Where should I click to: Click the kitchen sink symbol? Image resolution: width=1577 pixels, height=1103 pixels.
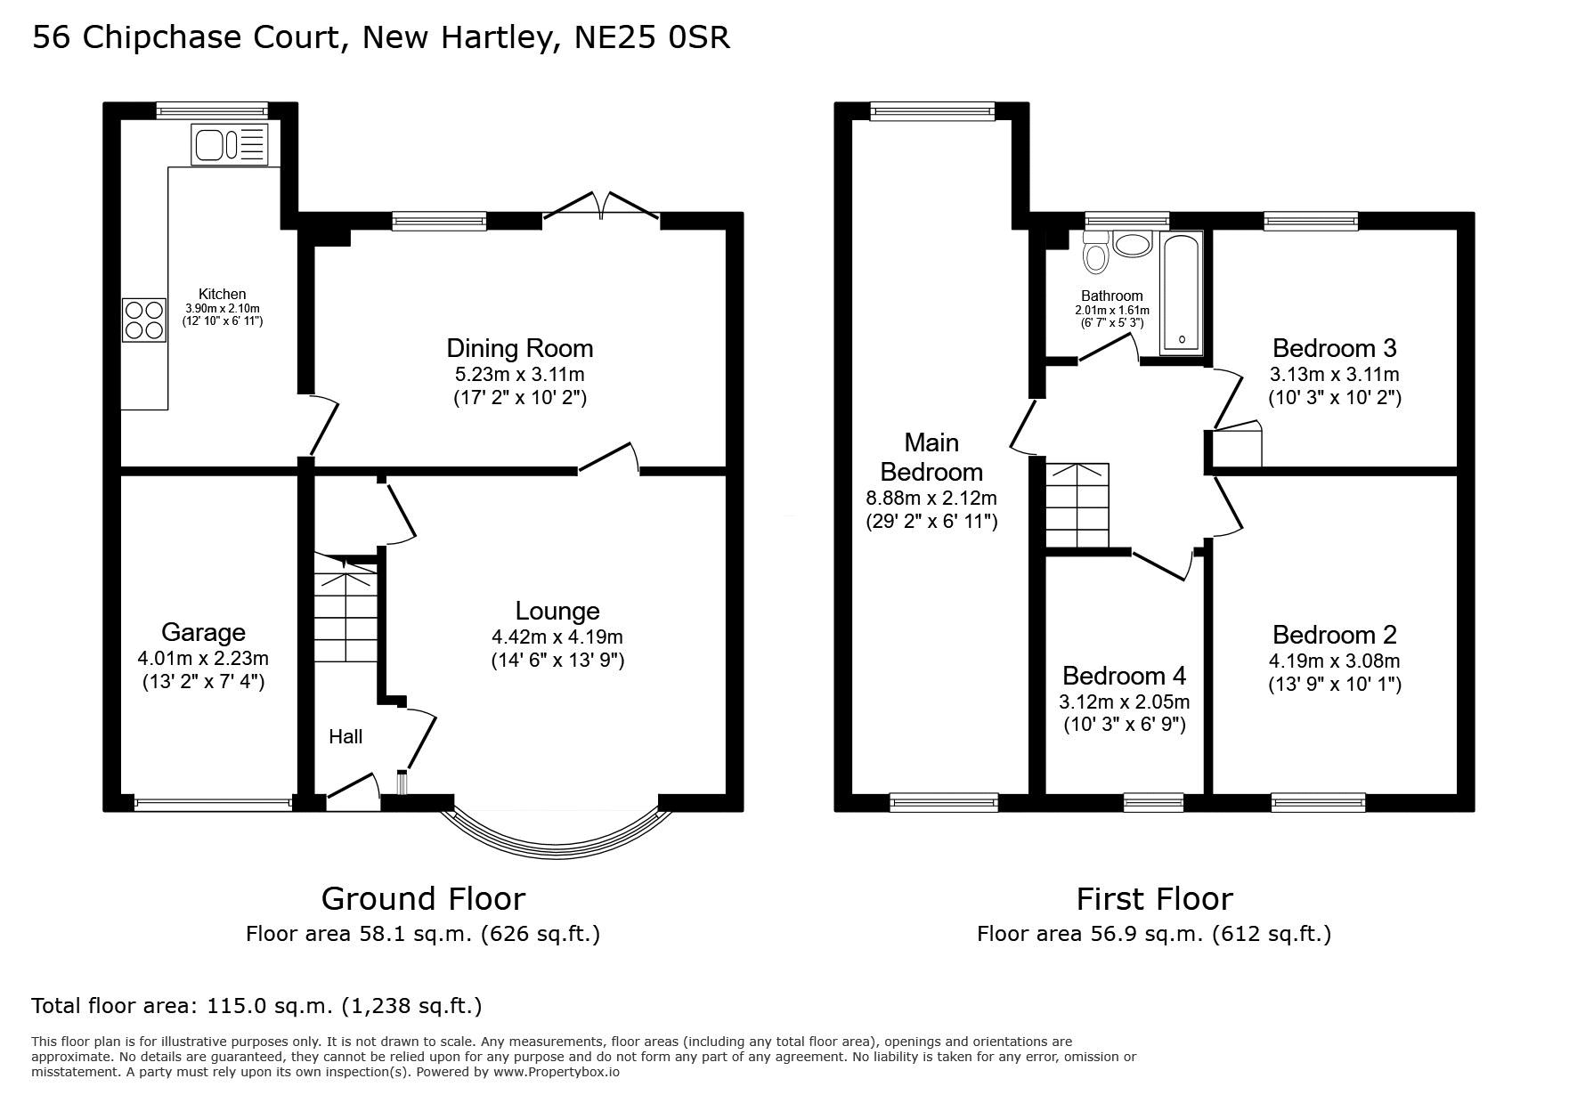[229, 144]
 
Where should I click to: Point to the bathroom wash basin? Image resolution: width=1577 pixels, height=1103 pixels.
[1132, 244]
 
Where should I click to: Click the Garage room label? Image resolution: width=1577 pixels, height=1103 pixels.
[203, 632]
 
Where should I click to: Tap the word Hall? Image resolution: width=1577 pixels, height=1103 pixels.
[345, 736]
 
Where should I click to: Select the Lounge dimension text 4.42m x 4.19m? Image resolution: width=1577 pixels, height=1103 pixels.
[557, 637]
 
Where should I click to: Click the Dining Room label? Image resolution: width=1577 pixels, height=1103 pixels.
[520, 348]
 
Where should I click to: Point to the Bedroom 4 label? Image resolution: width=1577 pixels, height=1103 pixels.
[1125, 676]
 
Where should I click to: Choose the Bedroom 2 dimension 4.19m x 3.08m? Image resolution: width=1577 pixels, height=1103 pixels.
[1335, 661]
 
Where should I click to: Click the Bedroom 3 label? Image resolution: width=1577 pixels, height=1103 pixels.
[1335, 347]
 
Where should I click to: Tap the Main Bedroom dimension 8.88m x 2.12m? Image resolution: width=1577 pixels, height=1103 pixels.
[931, 498]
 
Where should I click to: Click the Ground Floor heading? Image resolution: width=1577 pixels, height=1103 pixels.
[423, 898]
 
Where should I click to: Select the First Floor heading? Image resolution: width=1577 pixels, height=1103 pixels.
[1154, 898]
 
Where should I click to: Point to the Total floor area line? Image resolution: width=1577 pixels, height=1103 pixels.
[256, 1006]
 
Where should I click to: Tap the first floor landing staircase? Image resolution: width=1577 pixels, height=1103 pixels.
[1077, 506]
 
